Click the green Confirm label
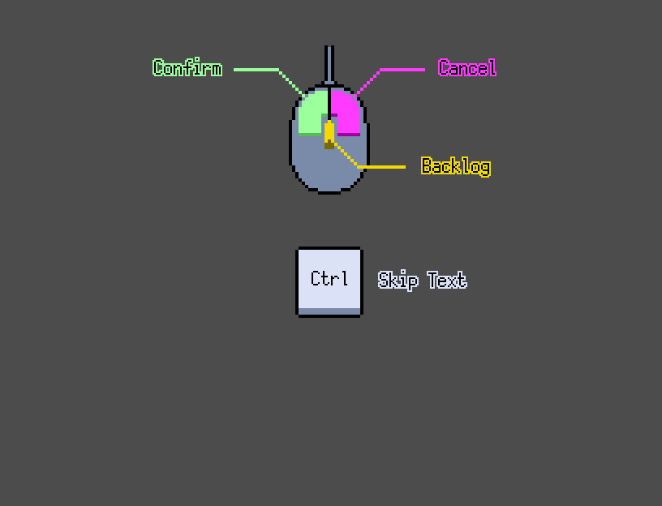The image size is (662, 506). click(x=187, y=67)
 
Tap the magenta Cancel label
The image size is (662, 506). click(x=467, y=67)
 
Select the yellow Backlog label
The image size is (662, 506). click(x=456, y=166)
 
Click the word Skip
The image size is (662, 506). click(x=398, y=281)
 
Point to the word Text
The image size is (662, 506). click(x=447, y=280)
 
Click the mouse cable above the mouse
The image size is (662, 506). click(x=329, y=64)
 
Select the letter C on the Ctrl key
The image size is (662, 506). click(x=315, y=278)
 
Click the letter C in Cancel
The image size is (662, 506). click(x=443, y=67)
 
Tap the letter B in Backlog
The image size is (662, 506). click(x=427, y=165)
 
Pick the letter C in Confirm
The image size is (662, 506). click(x=158, y=67)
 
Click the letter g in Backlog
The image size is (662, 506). click(x=484, y=169)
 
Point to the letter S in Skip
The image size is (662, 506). click(x=384, y=280)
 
